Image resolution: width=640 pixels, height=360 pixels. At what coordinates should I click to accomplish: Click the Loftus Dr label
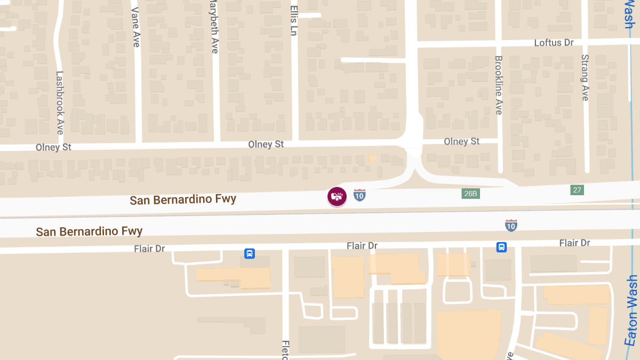[x=554, y=42]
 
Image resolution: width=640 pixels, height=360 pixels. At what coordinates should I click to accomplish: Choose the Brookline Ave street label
[x=499, y=85]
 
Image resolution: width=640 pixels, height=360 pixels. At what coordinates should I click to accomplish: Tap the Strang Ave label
[x=585, y=77]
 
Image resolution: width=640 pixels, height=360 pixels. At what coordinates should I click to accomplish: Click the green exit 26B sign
[x=470, y=193]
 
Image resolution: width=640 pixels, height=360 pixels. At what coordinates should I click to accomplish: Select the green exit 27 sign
[x=577, y=190]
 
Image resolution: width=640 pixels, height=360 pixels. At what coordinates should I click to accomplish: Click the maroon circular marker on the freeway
[x=337, y=197]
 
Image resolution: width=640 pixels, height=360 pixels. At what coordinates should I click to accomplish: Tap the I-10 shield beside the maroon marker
[x=359, y=195]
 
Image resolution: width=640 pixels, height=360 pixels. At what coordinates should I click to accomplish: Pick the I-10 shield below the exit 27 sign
[x=511, y=225]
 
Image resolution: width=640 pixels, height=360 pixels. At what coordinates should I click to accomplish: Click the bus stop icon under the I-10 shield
[x=501, y=247]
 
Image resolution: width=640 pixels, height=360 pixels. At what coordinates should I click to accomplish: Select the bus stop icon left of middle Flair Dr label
[x=249, y=253]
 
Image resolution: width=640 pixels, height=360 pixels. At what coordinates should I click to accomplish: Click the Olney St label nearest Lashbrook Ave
[x=53, y=147]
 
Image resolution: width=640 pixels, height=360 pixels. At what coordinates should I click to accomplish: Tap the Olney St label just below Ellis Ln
[x=266, y=145]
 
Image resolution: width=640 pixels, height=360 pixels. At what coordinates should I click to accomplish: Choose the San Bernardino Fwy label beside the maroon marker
[x=183, y=200]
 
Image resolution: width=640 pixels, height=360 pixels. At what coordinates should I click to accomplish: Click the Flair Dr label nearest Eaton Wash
[x=574, y=243]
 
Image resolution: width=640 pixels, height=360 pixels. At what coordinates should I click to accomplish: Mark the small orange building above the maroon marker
[x=373, y=158]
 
